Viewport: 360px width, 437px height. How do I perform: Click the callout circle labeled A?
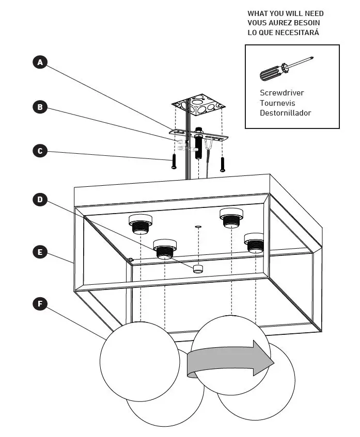(40, 62)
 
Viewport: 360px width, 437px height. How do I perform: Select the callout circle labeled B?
(40, 107)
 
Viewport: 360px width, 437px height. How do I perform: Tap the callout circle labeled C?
(40, 151)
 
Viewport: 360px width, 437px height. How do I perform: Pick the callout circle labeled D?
(40, 200)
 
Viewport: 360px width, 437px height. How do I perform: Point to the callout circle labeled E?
(40, 252)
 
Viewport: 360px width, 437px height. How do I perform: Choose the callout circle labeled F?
(40, 303)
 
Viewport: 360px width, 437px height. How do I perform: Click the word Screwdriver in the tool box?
(281, 93)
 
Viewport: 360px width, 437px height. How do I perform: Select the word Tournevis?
(278, 103)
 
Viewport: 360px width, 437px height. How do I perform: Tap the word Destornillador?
(285, 112)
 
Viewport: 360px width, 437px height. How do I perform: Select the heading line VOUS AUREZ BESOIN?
(284, 23)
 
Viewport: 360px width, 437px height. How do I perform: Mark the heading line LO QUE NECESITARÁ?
(283, 33)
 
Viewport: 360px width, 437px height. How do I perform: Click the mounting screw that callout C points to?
(174, 161)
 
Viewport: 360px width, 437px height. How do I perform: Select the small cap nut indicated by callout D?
(197, 268)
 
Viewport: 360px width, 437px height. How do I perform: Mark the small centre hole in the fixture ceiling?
(198, 226)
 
